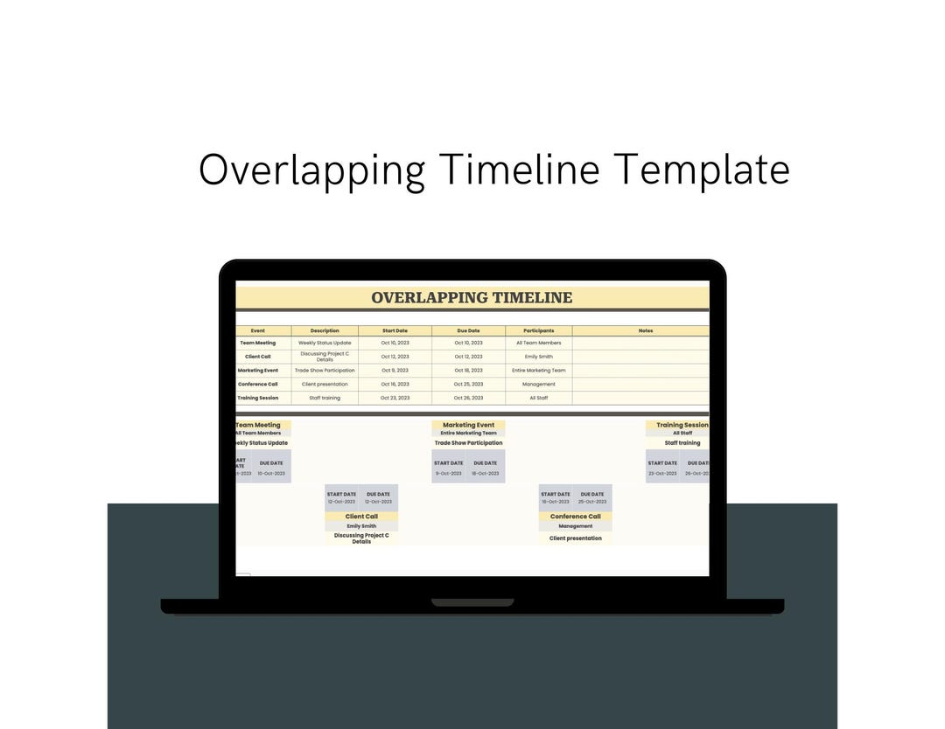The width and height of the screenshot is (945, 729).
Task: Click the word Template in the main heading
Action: pyautogui.click(x=702, y=170)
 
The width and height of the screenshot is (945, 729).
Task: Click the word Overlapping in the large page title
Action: pyautogui.click(x=311, y=170)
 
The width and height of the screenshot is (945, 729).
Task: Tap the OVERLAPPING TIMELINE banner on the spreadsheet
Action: pyautogui.click(x=472, y=297)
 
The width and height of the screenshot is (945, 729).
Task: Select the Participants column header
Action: pyautogui.click(x=538, y=330)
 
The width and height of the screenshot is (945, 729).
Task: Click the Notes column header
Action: pyautogui.click(x=646, y=330)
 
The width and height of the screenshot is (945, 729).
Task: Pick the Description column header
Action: pyautogui.click(x=325, y=330)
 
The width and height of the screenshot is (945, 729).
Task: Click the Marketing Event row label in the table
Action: pyautogui.click(x=258, y=370)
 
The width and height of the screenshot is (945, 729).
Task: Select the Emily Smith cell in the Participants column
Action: pyautogui.click(x=538, y=357)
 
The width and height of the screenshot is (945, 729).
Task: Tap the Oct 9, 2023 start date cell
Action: pyautogui.click(x=395, y=370)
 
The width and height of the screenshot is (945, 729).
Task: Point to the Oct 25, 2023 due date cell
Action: pyautogui.click(x=468, y=384)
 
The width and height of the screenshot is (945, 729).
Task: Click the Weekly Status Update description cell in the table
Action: pyautogui.click(x=325, y=343)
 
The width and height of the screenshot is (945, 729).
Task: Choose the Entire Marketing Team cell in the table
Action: pyautogui.click(x=538, y=370)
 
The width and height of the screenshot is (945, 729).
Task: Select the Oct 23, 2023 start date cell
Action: pyautogui.click(x=395, y=398)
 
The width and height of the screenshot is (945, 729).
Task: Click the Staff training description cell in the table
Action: pyautogui.click(x=325, y=398)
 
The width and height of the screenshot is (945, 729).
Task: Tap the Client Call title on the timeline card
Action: pyautogui.click(x=361, y=517)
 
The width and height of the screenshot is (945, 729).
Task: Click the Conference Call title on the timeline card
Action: pyautogui.click(x=575, y=517)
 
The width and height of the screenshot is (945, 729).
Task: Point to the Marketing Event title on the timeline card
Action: pyautogui.click(x=468, y=425)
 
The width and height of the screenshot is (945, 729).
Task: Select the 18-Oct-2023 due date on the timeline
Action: pyautogui.click(x=485, y=473)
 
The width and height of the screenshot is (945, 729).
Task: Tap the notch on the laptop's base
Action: pyautogui.click(x=472, y=602)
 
